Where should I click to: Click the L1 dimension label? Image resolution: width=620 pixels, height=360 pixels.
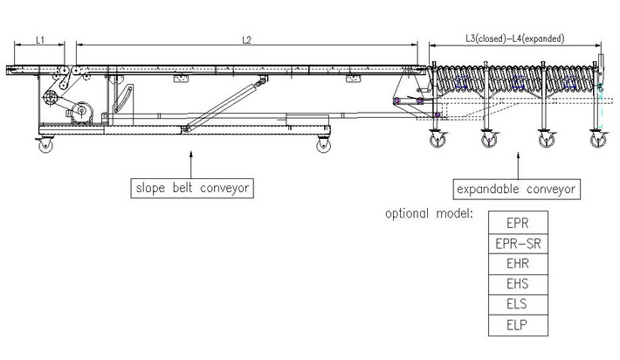coord(43,38)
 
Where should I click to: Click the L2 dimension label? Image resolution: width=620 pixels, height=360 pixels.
coord(245,38)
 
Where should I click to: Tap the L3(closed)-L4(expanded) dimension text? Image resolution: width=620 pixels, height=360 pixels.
coord(515,38)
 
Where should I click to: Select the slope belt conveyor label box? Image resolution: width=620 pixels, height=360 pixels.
coord(189,187)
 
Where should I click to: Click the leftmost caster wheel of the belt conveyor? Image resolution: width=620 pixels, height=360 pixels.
coord(44,145)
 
